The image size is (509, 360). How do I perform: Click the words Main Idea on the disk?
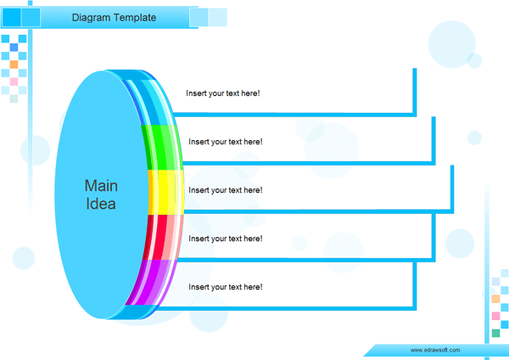[101, 194]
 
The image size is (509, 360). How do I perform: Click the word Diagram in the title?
[92, 17]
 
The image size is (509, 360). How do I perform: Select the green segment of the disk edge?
[162, 146]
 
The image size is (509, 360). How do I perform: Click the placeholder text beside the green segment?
[225, 142]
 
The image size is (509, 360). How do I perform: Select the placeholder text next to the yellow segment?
[225, 190]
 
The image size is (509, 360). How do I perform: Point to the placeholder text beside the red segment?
[225, 239]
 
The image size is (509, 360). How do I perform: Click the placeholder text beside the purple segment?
[225, 287]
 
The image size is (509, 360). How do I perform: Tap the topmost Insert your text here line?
[222, 93]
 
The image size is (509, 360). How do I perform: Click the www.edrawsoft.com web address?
[434, 350]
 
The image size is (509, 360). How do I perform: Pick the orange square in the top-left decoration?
[14, 65]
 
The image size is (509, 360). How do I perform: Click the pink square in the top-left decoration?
[14, 82]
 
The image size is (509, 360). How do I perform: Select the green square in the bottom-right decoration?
[495, 334]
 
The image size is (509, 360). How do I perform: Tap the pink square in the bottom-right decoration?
[495, 316]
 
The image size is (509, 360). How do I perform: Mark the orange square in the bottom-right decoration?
[495, 299]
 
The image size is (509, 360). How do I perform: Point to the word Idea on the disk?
[101, 204]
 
